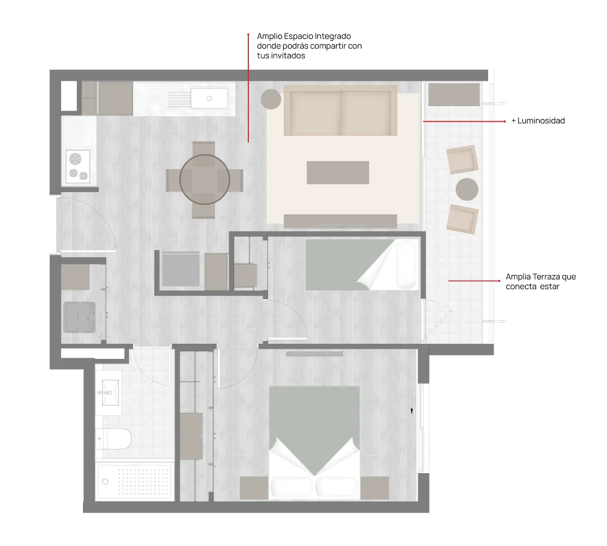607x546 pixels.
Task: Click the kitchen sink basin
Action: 209,98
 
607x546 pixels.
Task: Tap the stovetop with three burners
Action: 78,167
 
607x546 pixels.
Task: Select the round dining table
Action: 204,179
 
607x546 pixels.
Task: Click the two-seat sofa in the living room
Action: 340,110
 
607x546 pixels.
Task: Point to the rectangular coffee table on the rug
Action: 338,172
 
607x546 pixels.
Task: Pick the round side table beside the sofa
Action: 271,99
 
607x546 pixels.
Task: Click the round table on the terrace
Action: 467,189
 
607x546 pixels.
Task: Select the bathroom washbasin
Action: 109,393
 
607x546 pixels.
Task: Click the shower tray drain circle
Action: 105,482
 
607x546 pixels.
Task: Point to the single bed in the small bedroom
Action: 362,265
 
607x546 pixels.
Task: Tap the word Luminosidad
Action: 541,121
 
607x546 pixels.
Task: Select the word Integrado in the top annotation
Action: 333,36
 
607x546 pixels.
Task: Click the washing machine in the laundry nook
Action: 79,317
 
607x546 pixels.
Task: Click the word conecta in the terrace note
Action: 519,287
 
